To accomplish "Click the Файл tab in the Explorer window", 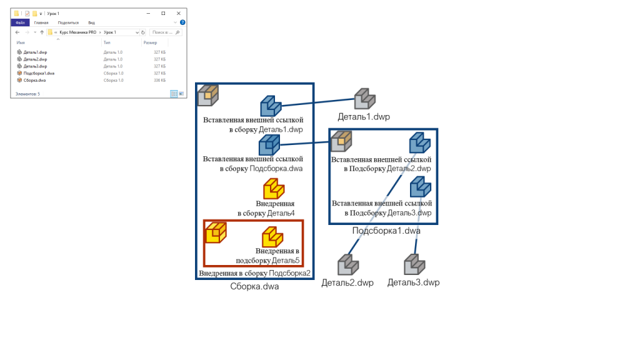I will pos(20,22).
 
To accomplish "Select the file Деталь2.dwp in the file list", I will pos(35,59).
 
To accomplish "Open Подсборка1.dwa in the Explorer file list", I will pos(39,73).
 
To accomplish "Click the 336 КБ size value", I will pos(159,80).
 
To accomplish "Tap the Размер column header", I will pos(150,42).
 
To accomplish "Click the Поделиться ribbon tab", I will pos(68,22).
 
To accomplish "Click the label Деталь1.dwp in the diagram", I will pos(364,117).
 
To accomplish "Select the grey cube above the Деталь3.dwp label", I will pos(414,264).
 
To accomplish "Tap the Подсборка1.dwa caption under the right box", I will pos(386,231).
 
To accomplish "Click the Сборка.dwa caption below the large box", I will pos(254,287).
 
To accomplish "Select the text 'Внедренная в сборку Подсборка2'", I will pos(254,274).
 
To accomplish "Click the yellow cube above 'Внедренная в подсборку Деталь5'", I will pos(272,236).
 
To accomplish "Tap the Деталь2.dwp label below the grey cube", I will pos(347,282).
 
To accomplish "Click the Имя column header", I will pos(21,42).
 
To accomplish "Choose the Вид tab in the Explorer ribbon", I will pos(91,22).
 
